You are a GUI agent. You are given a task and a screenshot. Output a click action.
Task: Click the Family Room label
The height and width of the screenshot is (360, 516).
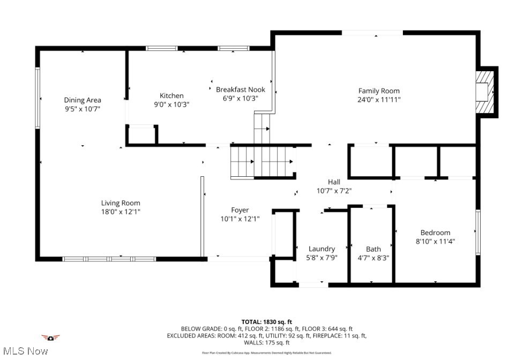[379, 91]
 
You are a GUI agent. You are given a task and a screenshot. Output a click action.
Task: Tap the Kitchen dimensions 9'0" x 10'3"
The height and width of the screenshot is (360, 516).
[171, 104]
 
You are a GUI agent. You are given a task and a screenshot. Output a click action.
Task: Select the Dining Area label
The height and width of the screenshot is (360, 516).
[83, 100]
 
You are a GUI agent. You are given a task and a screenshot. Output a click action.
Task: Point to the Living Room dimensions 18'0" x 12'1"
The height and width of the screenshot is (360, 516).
[121, 212]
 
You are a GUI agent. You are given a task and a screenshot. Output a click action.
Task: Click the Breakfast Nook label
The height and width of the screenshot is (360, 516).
[241, 89]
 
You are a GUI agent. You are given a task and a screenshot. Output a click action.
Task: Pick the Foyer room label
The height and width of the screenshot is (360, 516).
[240, 210]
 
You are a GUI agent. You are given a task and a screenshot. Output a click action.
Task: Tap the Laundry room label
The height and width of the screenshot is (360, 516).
[321, 249]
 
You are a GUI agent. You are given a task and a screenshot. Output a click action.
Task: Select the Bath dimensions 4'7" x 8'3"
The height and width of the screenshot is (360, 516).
[373, 257]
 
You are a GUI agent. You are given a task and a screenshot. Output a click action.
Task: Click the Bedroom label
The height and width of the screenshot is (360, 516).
[435, 232]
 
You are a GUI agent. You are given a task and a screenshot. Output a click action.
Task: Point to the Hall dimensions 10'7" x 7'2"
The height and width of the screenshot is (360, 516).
[334, 190]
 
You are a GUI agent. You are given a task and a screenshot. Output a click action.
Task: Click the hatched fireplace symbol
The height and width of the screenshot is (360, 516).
[484, 92]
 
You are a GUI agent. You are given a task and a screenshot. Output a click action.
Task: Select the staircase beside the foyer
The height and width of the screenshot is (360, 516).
[263, 161]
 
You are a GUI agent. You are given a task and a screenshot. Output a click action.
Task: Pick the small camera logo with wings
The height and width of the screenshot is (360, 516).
[50, 337]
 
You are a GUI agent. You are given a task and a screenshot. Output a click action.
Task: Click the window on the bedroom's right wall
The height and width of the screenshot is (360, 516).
[477, 231]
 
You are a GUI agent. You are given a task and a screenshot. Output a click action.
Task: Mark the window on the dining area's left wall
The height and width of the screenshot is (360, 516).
[38, 97]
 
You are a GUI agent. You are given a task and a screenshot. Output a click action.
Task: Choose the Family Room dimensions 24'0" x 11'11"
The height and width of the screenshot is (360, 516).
[379, 100]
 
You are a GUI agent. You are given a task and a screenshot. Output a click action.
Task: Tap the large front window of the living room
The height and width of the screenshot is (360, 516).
[109, 259]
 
